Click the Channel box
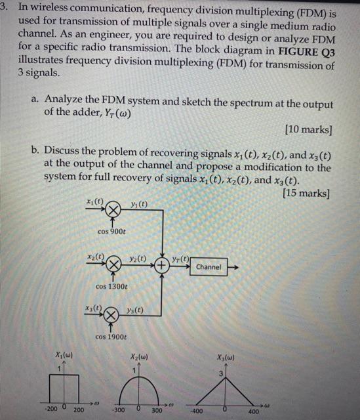(x=209, y=267)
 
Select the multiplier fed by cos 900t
(x=113, y=211)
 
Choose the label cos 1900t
(x=111, y=337)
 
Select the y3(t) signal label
(x=135, y=310)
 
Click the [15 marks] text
(x=305, y=193)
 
